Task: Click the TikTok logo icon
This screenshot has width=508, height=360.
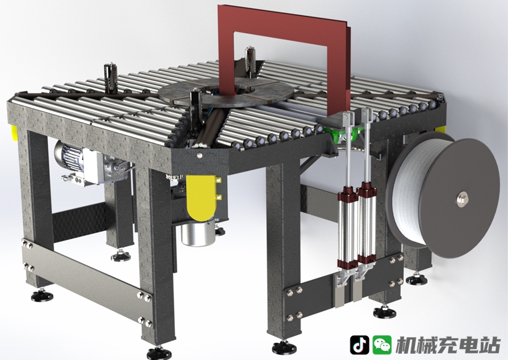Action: click(x=359, y=345)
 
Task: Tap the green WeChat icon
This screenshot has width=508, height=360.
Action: click(x=382, y=345)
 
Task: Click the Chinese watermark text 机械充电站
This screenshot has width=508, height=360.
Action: click(x=448, y=345)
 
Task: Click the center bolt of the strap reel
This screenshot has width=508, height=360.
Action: click(x=461, y=198)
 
